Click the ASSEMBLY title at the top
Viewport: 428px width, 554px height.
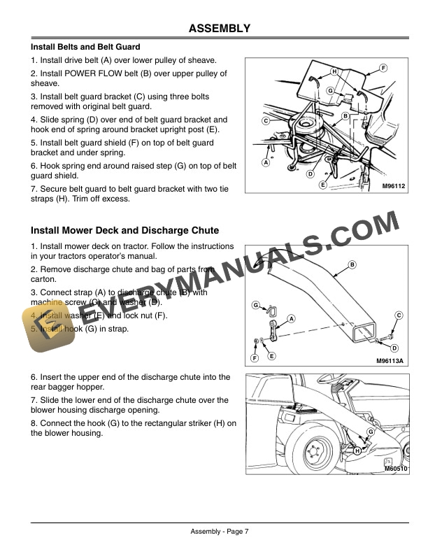coord(219,29)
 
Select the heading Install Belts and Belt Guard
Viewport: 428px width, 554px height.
coord(85,48)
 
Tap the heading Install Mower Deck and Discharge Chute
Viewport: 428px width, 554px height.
coord(124,230)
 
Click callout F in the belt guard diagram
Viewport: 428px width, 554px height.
coord(383,67)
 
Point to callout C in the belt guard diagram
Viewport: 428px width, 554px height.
coord(266,121)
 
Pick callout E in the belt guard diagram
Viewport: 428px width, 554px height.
coord(322,185)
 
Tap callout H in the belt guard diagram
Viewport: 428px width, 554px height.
coord(334,72)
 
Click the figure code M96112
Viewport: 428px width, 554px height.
coord(394,187)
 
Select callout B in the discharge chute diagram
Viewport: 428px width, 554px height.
coord(352,264)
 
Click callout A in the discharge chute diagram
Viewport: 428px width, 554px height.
coord(291,318)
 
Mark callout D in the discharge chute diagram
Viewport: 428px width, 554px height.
coord(394,348)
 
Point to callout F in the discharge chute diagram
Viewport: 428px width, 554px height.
coord(255,358)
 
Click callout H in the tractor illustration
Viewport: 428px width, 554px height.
coord(357,451)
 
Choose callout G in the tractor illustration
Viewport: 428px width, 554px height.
coord(371,432)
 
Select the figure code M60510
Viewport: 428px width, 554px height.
coord(395,469)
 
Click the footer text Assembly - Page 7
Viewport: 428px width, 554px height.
coord(219,532)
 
